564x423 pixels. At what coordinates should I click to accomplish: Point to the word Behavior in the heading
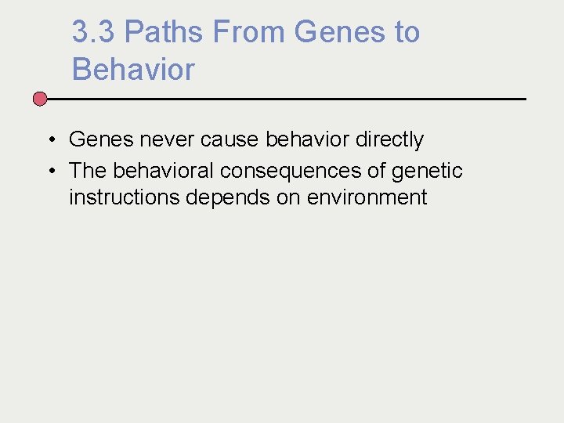tap(133, 70)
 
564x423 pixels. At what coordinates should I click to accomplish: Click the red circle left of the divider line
tap(40, 99)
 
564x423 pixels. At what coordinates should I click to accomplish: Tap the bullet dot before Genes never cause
tap(49, 140)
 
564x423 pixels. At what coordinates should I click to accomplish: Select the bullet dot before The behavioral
tap(49, 171)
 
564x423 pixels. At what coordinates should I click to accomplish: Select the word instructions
tap(125, 197)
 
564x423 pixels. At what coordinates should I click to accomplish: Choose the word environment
tap(367, 197)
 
